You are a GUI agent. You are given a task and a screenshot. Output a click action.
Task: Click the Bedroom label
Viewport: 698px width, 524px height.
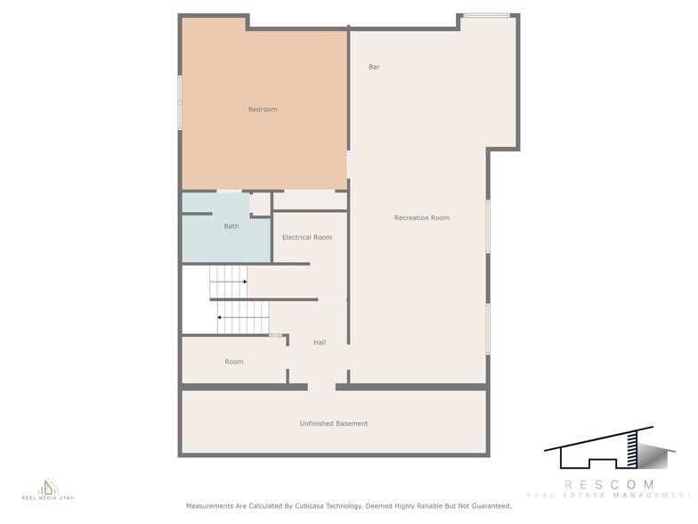(263, 110)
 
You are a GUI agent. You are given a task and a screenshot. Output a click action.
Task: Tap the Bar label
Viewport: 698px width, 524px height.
(374, 67)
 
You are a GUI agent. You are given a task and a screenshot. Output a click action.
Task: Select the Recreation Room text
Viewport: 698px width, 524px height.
(421, 218)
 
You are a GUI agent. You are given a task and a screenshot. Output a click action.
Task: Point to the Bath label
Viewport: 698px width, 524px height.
(231, 226)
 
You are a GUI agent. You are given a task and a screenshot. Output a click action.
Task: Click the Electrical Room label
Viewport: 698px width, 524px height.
(307, 238)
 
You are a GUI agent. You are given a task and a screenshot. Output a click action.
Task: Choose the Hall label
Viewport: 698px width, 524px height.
(320, 342)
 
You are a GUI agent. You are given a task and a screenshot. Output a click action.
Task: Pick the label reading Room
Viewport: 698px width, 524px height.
(234, 362)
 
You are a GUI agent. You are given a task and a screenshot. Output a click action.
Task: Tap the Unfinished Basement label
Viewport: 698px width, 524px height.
(334, 423)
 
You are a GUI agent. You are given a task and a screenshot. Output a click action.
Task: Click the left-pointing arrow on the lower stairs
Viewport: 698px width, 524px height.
(220, 316)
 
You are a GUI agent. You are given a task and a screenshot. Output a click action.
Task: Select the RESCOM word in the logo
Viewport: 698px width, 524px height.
(609, 484)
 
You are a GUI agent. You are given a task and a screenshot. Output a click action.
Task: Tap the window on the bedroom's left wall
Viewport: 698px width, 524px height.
(180, 102)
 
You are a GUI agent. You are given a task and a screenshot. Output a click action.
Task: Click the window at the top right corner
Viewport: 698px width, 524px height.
(488, 15)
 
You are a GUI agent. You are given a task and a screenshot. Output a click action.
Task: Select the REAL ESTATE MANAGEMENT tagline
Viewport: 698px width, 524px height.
(609, 495)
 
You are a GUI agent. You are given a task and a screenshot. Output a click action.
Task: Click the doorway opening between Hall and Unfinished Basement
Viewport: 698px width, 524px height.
(321, 386)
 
